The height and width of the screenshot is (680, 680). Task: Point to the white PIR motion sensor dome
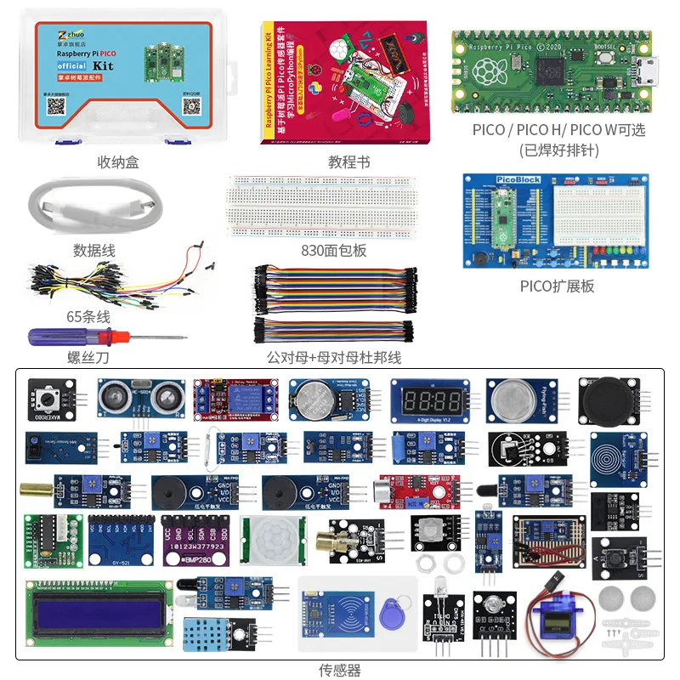tap(271, 539)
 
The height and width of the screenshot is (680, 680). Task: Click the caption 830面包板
tap(337, 250)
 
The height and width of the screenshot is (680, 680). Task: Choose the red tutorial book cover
tap(348, 83)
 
